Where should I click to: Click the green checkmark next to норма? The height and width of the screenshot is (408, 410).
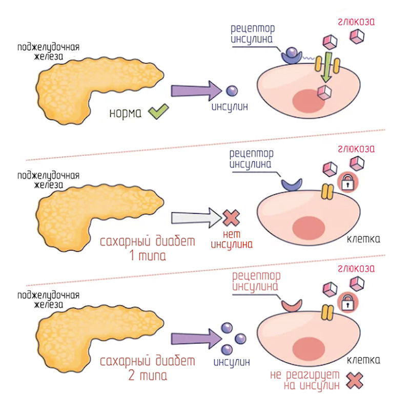(158, 111)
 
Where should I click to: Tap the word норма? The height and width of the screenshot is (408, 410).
(125, 112)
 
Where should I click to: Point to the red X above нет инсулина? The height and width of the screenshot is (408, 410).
(232, 219)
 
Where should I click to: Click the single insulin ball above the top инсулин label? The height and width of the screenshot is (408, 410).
(232, 91)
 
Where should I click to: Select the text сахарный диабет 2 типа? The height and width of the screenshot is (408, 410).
(148, 368)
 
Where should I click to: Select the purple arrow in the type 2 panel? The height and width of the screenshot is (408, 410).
(194, 338)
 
